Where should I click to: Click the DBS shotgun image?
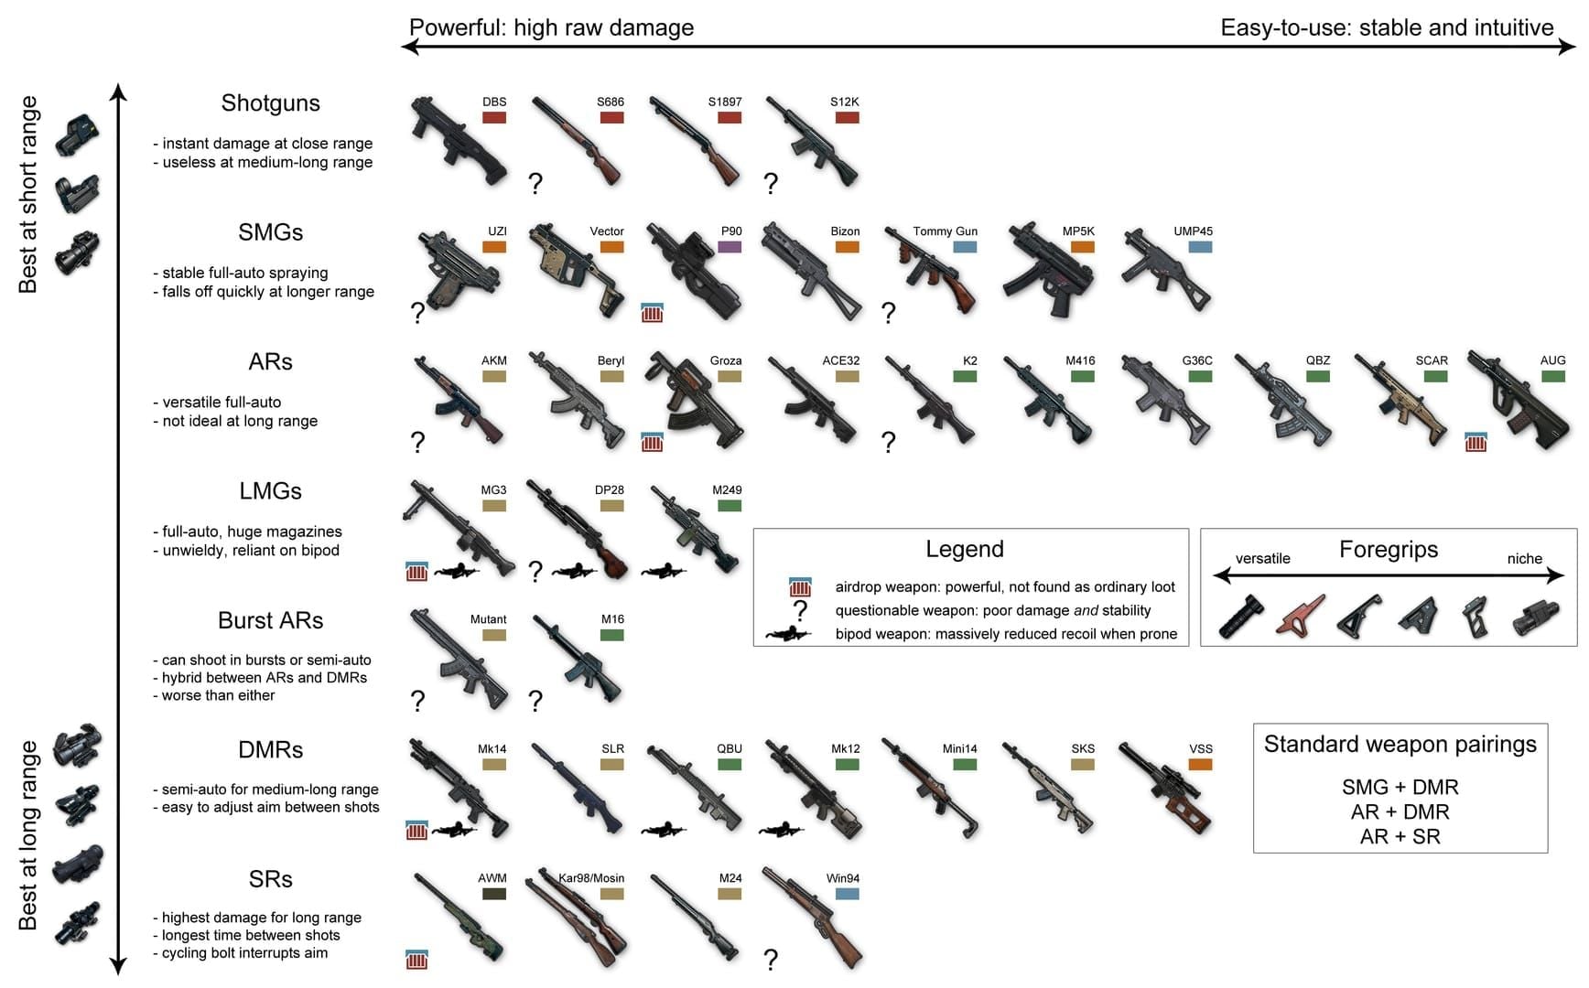tap(456, 143)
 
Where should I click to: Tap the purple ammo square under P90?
tap(730, 247)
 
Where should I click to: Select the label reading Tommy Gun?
tap(945, 231)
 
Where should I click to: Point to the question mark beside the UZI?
tap(418, 313)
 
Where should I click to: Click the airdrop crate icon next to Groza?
tap(652, 443)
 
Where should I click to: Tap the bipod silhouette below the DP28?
tap(574, 572)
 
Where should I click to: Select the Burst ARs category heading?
tap(270, 620)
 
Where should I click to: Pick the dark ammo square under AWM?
tap(494, 894)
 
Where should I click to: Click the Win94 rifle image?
tap(812, 919)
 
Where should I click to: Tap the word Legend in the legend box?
tap(964, 549)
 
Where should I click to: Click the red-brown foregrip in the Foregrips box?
tap(1301, 617)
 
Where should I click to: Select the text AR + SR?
tap(1400, 836)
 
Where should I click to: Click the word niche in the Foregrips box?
tap(1524, 559)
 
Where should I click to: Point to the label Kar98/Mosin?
tap(591, 878)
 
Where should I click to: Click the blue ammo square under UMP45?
tap(1200, 247)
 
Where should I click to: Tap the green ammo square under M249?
tap(730, 506)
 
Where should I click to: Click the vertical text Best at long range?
tap(28, 835)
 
